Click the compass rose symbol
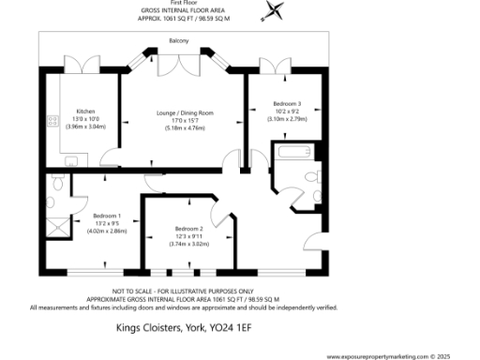click(x=274, y=10)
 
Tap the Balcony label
click(x=179, y=41)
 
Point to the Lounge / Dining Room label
click(x=185, y=112)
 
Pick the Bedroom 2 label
click(x=188, y=229)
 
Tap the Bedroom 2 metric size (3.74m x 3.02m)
click(x=188, y=245)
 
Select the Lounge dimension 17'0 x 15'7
click(x=185, y=121)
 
